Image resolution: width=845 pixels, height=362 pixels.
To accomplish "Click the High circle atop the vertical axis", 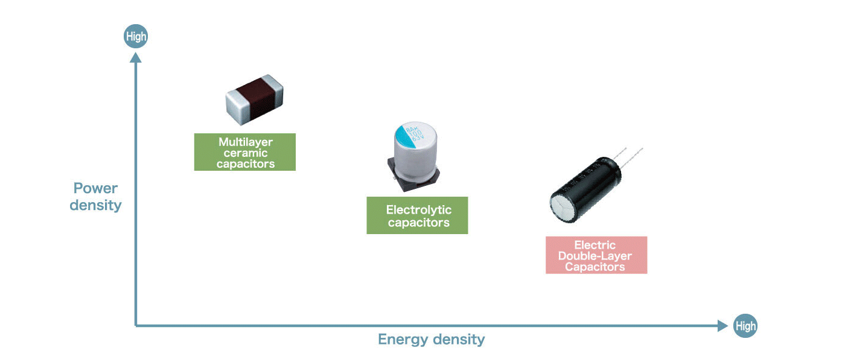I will (x=136, y=37).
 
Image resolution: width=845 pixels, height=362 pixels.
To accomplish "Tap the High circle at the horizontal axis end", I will (x=745, y=326).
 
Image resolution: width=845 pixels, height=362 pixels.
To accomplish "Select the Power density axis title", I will (x=95, y=197).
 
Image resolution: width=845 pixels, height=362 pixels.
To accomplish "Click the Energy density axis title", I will (x=431, y=339).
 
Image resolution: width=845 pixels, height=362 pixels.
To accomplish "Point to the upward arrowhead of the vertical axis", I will (x=136, y=57).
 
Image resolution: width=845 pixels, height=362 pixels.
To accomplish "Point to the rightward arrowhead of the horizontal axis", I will (x=722, y=326).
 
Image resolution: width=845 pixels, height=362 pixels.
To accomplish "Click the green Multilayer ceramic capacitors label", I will (x=244, y=152).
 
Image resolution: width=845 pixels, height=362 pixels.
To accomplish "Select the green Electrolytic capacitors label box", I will (x=417, y=215).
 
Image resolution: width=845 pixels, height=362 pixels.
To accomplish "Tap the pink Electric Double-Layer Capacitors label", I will (x=596, y=255).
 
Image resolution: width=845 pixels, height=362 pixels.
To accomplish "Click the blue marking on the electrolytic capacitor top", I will (x=403, y=133).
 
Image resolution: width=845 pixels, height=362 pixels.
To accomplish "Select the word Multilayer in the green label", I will (x=245, y=142).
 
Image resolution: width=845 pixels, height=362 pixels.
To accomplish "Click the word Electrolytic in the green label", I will (x=418, y=210).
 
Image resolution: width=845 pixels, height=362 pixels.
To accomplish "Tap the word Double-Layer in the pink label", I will (x=595, y=256).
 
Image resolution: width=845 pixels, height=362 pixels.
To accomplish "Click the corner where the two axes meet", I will (x=136, y=326).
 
